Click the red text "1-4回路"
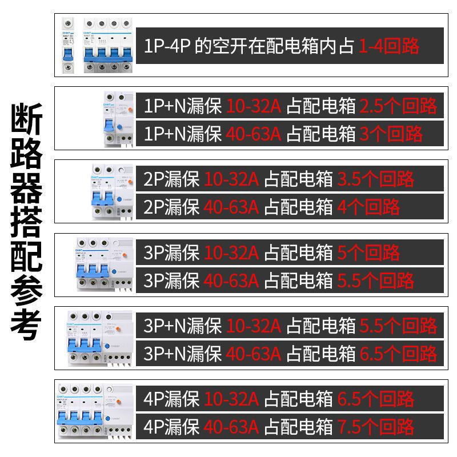click(x=389, y=46)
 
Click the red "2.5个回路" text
click(x=398, y=106)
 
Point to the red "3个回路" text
click(x=391, y=134)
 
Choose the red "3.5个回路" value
click(x=375, y=179)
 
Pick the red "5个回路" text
click(x=368, y=252)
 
